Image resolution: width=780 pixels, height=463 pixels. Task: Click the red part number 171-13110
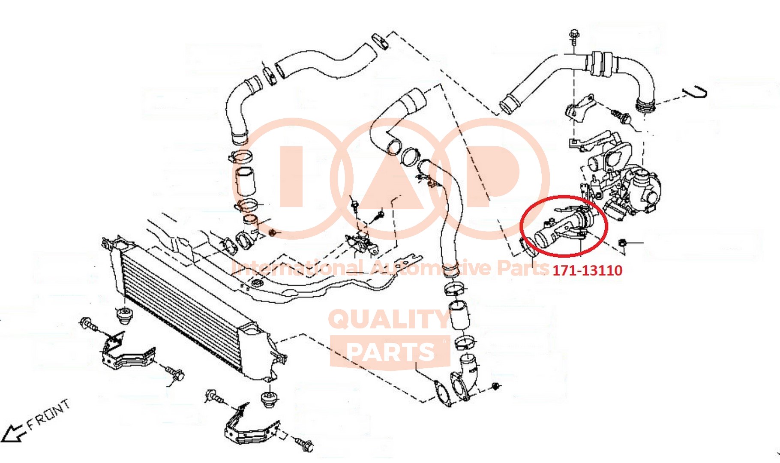click(x=587, y=270)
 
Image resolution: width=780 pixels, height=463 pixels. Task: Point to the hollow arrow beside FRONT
click(x=13, y=433)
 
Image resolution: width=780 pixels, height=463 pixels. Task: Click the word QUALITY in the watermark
click(x=389, y=319)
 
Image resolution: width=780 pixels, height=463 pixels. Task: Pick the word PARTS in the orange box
click(x=390, y=352)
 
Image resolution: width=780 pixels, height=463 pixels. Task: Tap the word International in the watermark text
click(x=298, y=268)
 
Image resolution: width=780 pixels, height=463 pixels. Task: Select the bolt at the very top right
click(x=574, y=36)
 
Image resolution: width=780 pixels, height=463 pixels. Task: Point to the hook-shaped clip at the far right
click(x=694, y=92)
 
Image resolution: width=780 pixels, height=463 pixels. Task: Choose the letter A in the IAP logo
click(x=390, y=178)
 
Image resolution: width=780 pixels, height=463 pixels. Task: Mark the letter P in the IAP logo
click(x=493, y=176)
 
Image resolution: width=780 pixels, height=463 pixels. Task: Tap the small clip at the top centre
click(x=380, y=39)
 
